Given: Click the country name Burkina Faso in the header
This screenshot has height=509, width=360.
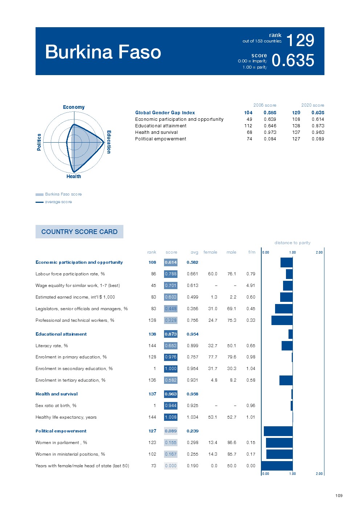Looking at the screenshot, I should click(x=103, y=52).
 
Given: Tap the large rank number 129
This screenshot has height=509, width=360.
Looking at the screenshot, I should click(x=300, y=40).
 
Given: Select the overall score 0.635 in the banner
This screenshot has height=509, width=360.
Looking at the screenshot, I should click(x=293, y=61).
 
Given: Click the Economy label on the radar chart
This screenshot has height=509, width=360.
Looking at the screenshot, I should click(x=74, y=107).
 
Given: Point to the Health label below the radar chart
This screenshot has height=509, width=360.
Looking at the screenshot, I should click(x=74, y=176).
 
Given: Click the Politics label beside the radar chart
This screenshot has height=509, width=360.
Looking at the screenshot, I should click(x=39, y=142).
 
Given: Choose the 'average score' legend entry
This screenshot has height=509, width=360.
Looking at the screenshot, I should click(x=58, y=202).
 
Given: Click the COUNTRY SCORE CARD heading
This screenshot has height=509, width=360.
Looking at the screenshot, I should click(x=79, y=232).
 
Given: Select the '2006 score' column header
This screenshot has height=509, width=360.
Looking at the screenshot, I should click(x=265, y=105).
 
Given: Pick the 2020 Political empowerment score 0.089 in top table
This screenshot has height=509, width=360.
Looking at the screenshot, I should click(x=318, y=139).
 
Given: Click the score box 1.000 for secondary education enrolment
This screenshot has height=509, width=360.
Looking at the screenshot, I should click(x=171, y=369).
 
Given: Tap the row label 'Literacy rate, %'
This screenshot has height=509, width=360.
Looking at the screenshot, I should click(x=52, y=346).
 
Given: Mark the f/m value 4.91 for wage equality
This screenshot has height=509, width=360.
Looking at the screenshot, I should click(x=250, y=286).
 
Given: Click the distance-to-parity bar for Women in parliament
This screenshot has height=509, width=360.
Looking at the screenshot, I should click(x=279, y=443).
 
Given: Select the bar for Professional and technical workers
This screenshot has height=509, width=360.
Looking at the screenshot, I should click(x=282, y=320).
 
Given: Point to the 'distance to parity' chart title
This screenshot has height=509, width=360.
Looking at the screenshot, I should click(x=292, y=243).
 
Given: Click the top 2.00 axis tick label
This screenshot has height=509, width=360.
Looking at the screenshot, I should click(x=319, y=253).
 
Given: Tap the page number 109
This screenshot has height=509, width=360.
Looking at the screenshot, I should click(x=339, y=496).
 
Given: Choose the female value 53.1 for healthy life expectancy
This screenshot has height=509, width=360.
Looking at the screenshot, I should click(x=213, y=417).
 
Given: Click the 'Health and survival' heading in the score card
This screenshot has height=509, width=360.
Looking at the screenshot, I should click(x=57, y=394).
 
